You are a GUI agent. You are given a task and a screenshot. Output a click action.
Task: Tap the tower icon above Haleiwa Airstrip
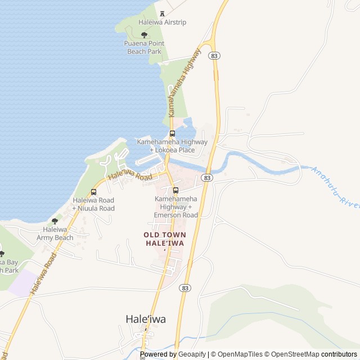pyautogui.click(x=163, y=13)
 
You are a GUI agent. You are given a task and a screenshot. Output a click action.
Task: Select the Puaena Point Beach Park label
pyautogui.click(x=143, y=47)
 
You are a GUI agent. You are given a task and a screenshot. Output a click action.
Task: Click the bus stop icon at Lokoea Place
pyautogui.click(x=172, y=134)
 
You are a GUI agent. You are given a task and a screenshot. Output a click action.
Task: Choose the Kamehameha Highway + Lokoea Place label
pyautogui.click(x=172, y=146)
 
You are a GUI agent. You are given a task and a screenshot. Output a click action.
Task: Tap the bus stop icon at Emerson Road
pyautogui.click(x=176, y=190)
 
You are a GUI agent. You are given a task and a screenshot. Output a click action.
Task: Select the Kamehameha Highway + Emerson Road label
pyautogui.click(x=176, y=207)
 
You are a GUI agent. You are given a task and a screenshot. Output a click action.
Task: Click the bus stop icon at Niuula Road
pyautogui.click(x=93, y=192)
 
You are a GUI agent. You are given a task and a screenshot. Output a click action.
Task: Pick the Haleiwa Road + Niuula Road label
pyautogui.click(x=93, y=204)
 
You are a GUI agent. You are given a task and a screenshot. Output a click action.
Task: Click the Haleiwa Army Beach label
pyautogui.click(x=55, y=233)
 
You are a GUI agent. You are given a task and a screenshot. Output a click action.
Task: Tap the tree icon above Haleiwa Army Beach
pyautogui.click(x=55, y=221)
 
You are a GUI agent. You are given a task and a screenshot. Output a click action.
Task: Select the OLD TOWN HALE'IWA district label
pyautogui.click(x=165, y=238)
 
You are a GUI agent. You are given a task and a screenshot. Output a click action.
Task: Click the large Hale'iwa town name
pyautogui.click(x=146, y=319)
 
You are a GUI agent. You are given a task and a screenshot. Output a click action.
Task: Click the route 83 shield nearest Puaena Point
pyautogui.click(x=213, y=56)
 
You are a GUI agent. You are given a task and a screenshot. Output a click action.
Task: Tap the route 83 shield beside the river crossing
pyautogui.click(x=208, y=178)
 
